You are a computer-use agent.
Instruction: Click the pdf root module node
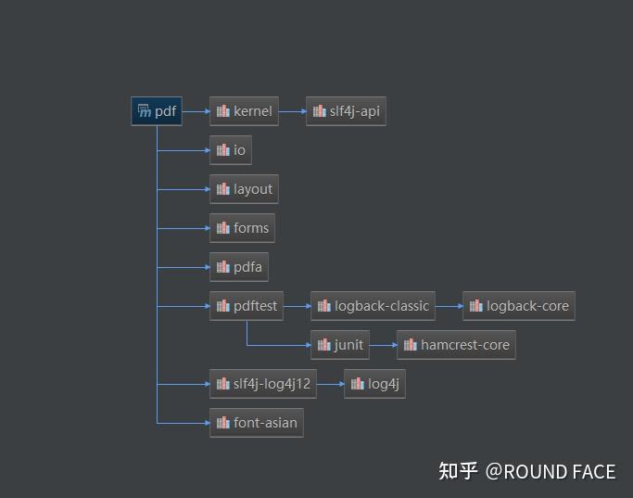[x=157, y=111]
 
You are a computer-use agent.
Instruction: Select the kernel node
[x=244, y=111]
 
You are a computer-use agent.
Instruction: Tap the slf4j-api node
[x=346, y=111]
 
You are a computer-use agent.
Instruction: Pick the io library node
[x=231, y=150]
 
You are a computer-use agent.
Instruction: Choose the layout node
[x=244, y=189]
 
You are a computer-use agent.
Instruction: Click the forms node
[x=242, y=228]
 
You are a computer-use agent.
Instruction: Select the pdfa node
[x=239, y=267]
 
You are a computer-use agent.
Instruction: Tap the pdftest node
[x=247, y=306]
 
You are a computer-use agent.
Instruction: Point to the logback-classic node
[x=373, y=306]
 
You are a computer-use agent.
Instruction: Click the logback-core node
[x=519, y=306]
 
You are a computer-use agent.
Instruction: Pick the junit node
[x=340, y=345]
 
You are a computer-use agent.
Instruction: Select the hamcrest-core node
[x=456, y=345]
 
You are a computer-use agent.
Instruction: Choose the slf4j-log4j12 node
[x=263, y=384]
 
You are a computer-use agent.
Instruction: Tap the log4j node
[x=374, y=384]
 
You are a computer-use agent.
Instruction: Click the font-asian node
[x=257, y=423]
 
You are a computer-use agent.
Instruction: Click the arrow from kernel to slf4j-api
[x=292, y=111]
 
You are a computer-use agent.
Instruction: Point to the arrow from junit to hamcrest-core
[x=383, y=345]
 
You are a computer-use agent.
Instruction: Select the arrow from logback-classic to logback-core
[x=449, y=306]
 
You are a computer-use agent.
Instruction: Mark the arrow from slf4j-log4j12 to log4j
[x=331, y=384]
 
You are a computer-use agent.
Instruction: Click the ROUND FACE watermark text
[x=560, y=472]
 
